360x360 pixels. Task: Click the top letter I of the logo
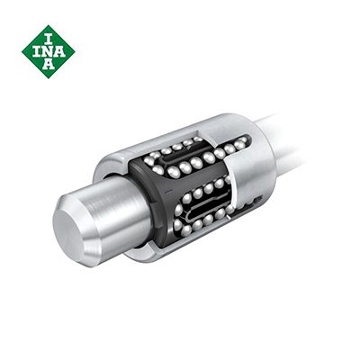tap(49, 37)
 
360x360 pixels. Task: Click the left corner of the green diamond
tap(22, 51)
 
